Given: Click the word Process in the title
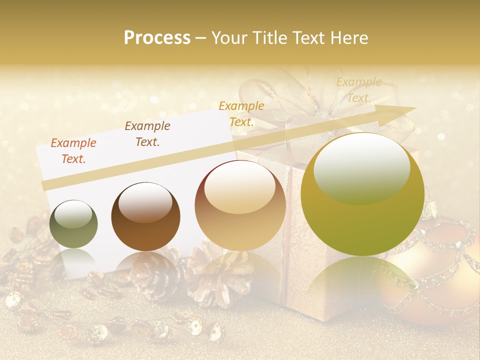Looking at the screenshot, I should point(157,38).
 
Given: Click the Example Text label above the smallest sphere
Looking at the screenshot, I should point(73,151).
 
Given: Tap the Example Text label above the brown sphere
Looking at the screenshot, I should point(147,134).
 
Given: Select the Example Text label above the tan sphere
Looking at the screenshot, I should point(241,113).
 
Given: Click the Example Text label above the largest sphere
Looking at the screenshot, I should point(358,90).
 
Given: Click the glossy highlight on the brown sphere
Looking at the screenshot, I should point(145,202).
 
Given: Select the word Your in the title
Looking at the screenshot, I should point(228,38).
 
